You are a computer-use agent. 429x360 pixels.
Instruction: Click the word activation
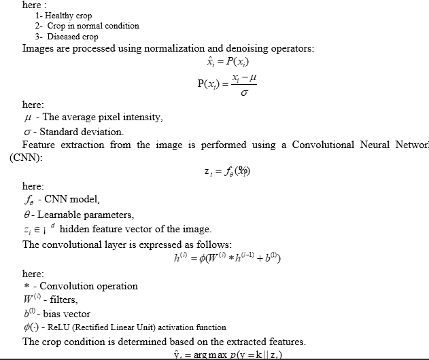coord(176,327)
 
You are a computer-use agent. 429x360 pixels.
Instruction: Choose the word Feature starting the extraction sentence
coord(41,145)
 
